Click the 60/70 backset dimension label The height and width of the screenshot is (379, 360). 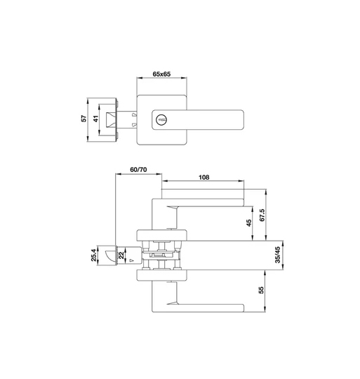coord(138,171)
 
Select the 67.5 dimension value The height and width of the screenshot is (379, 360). coord(262,214)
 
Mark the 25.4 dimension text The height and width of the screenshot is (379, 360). coord(93,255)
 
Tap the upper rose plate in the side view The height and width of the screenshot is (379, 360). coord(160,234)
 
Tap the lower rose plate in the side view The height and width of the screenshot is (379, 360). coord(160,275)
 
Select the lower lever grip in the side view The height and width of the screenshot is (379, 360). coord(211,307)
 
